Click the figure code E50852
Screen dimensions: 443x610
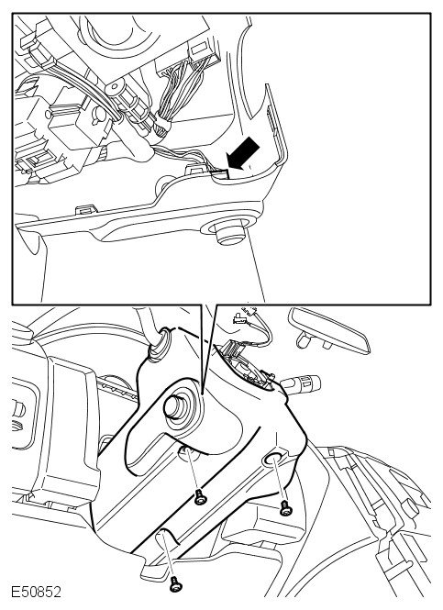pyautogui.click(x=36, y=592)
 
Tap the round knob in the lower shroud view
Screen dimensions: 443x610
pyautogui.click(x=174, y=407)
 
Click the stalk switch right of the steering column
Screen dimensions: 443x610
pyautogui.click(x=301, y=383)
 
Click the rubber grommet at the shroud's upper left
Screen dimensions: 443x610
pyautogui.click(x=159, y=343)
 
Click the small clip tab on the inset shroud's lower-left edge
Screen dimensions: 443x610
pyautogui.click(x=85, y=210)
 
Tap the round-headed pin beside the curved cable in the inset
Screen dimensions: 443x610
pyautogui.click(x=97, y=115)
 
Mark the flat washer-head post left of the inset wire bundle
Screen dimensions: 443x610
pyautogui.click(x=116, y=90)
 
